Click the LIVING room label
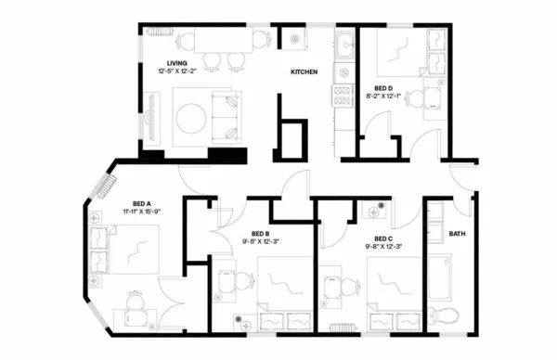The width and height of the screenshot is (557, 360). (165, 63)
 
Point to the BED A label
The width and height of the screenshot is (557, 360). (142, 202)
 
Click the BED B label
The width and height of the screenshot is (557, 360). (261, 233)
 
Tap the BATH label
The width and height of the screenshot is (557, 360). (457, 234)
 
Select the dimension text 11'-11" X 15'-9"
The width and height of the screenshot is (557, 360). (149, 211)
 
